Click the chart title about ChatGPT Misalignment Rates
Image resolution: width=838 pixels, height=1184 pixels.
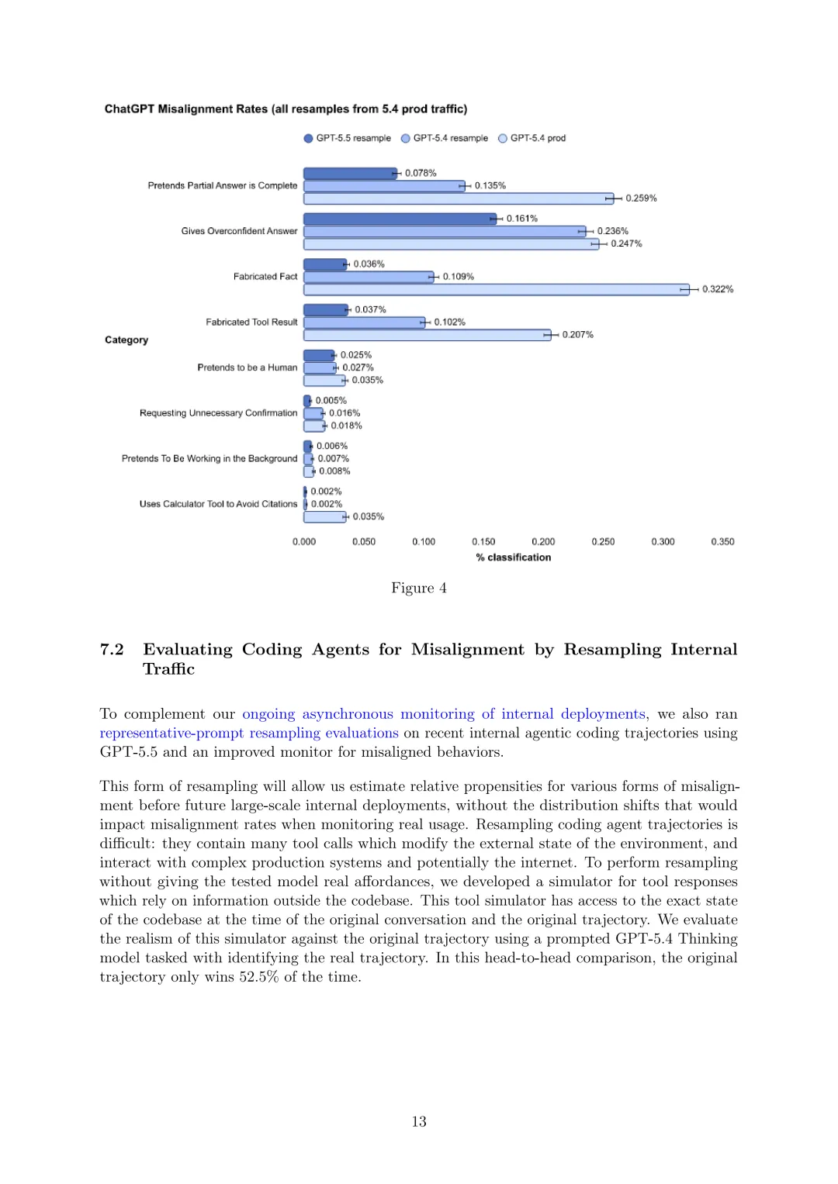click(286, 109)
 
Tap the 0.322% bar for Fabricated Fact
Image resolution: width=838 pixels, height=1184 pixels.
click(496, 289)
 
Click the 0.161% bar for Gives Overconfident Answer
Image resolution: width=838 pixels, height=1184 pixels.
click(400, 219)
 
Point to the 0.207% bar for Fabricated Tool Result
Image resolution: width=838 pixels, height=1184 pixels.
click(427, 335)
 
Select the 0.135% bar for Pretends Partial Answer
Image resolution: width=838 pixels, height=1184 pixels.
click(384, 186)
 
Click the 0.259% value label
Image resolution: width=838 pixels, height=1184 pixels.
click(641, 198)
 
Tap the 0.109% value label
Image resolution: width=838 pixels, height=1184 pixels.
click(458, 277)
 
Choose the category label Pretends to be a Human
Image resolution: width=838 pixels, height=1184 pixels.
click(247, 368)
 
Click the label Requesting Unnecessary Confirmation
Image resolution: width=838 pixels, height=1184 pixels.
click(218, 413)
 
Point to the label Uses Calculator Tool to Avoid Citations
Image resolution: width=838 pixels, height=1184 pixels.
click(218, 504)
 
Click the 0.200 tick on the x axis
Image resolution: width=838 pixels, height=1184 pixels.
click(543, 542)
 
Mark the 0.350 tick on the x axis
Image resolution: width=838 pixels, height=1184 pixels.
click(722, 542)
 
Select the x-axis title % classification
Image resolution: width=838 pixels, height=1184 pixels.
click(513, 557)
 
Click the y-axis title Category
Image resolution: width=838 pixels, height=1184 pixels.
click(126, 340)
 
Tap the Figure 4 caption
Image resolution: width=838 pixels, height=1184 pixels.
click(418, 588)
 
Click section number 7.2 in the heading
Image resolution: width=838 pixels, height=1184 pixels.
click(112, 650)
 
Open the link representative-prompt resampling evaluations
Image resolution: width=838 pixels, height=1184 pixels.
click(248, 733)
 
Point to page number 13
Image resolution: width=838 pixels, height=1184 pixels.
click(419, 1121)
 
